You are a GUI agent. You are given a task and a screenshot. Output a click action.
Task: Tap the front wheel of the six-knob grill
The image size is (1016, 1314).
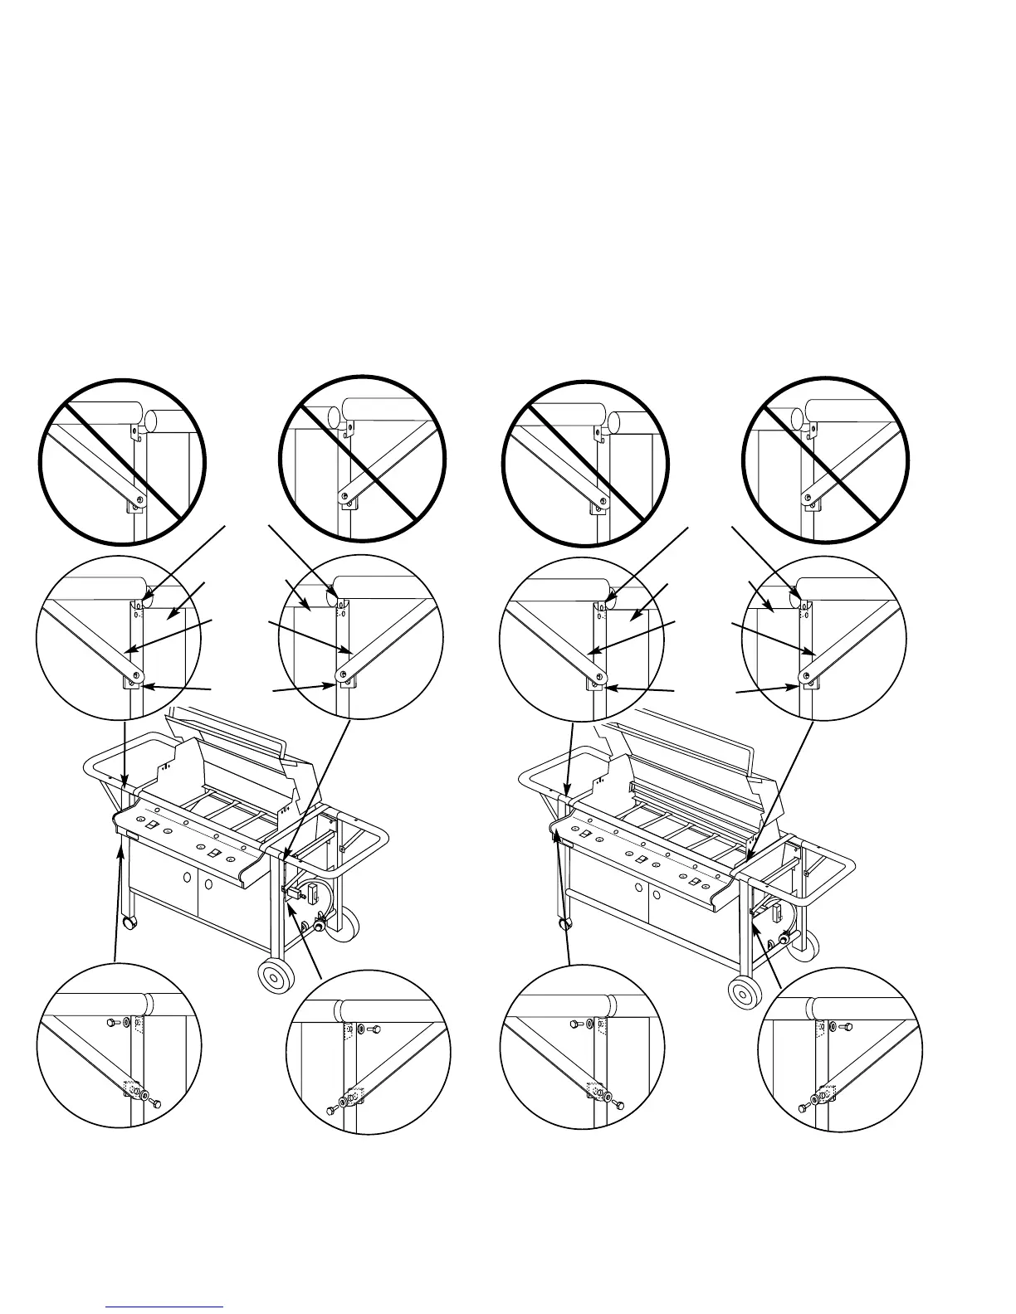click(x=745, y=992)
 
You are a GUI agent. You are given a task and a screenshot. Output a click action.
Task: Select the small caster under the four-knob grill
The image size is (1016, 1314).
click(x=128, y=923)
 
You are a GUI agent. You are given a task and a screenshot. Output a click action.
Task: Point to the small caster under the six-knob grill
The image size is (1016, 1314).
click(x=566, y=922)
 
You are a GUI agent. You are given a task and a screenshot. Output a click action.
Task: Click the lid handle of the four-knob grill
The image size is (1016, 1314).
click(x=228, y=728)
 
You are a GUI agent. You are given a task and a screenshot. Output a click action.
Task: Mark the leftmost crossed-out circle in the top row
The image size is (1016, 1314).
click(x=123, y=461)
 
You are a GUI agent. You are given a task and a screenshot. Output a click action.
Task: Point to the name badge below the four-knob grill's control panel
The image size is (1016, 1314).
click(x=128, y=840)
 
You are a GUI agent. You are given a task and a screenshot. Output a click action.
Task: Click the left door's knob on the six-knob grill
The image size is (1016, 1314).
click(x=638, y=888)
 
